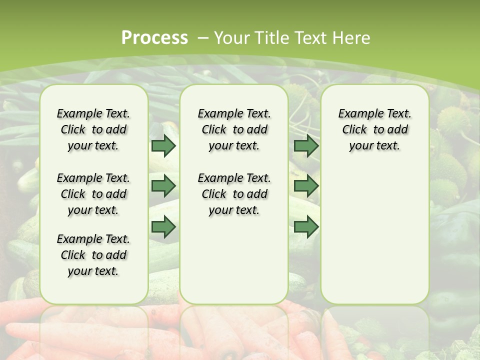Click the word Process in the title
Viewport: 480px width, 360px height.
(x=154, y=37)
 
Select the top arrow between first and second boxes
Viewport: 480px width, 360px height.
(x=163, y=146)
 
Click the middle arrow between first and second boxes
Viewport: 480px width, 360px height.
(x=163, y=186)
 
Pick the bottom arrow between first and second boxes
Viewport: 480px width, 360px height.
(x=163, y=227)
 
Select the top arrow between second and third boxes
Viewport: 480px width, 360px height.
(x=306, y=146)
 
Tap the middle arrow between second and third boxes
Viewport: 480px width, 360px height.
(x=306, y=186)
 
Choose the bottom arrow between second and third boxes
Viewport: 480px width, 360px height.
(x=306, y=227)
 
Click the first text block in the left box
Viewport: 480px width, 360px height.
(x=93, y=129)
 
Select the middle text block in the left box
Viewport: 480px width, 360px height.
(x=93, y=194)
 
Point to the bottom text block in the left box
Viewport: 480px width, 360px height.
(x=93, y=255)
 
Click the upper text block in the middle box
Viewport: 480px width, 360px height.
(x=234, y=129)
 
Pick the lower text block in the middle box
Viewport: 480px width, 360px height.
(x=234, y=194)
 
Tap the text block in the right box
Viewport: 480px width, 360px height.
(x=374, y=129)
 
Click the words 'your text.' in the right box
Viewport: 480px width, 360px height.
(x=374, y=146)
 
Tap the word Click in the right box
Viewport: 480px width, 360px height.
(x=354, y=130)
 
